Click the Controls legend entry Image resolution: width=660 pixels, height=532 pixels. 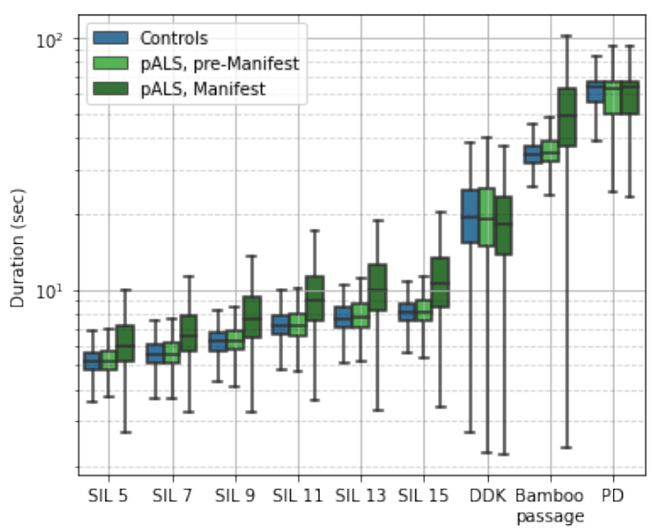click(173, 39)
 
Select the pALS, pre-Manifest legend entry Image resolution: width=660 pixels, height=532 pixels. click(219, 64)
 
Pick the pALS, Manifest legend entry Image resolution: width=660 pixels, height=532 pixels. click(202, 89)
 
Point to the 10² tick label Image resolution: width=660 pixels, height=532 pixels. click(49, 39)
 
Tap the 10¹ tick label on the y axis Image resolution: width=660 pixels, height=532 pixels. click(49, 290)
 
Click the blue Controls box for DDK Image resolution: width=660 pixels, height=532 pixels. click(470, 215)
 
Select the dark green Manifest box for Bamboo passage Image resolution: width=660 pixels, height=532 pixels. click(567, 117)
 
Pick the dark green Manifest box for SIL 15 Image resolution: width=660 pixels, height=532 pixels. click(441, 282)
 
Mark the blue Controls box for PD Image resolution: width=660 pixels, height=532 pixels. click(596, 92)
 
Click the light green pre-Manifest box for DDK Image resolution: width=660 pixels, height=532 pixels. click(487, 217)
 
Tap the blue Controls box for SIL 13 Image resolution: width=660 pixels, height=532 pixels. click(343, 317)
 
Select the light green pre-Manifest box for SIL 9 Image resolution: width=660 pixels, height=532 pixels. click(235, 340)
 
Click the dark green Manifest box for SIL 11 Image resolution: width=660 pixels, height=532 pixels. click(315, 298)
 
